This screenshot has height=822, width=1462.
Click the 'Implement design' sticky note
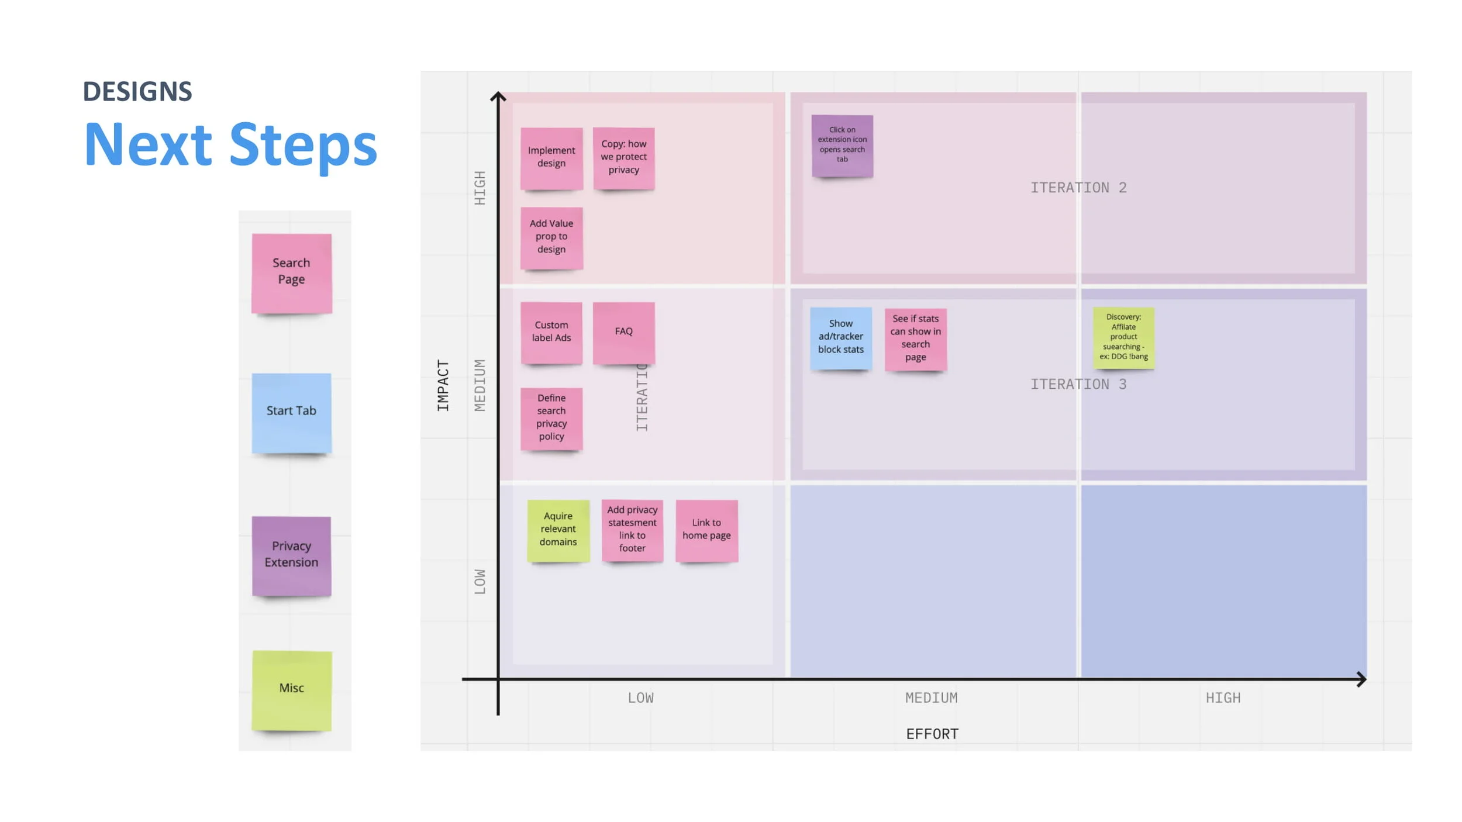[x=551, y=158]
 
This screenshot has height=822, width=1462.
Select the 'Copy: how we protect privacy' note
[x=624, y=158]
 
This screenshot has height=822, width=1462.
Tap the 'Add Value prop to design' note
[x=551, y=237]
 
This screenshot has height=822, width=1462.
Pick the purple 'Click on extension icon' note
[x=842, y=146]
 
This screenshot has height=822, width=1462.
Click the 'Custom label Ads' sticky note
[x=551, y=333]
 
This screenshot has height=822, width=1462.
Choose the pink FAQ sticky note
[x=624, y=333]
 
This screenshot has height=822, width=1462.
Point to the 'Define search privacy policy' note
[x=551, y=418]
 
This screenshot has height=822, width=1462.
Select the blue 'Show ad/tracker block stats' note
[x=841, y=338]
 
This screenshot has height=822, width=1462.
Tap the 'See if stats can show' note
[x=916, y=339]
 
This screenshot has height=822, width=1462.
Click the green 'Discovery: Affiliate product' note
[x=1123, y=337]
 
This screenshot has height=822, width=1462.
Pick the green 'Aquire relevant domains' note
[x=558, y=530]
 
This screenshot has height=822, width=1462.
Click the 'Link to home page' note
[x=706, y=530]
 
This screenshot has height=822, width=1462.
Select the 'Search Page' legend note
[x=292, y=273]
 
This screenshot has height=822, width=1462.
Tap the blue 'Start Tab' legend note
[x=292, y=413]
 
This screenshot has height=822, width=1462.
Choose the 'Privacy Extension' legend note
[x=292, y=555]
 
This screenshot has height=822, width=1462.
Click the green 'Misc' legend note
[x=292, y=690]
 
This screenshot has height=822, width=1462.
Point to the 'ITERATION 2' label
[x=1078, y=188]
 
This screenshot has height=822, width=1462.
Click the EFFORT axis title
[x=932, y=734]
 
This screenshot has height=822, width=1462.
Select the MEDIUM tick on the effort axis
[x=932, y=697]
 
